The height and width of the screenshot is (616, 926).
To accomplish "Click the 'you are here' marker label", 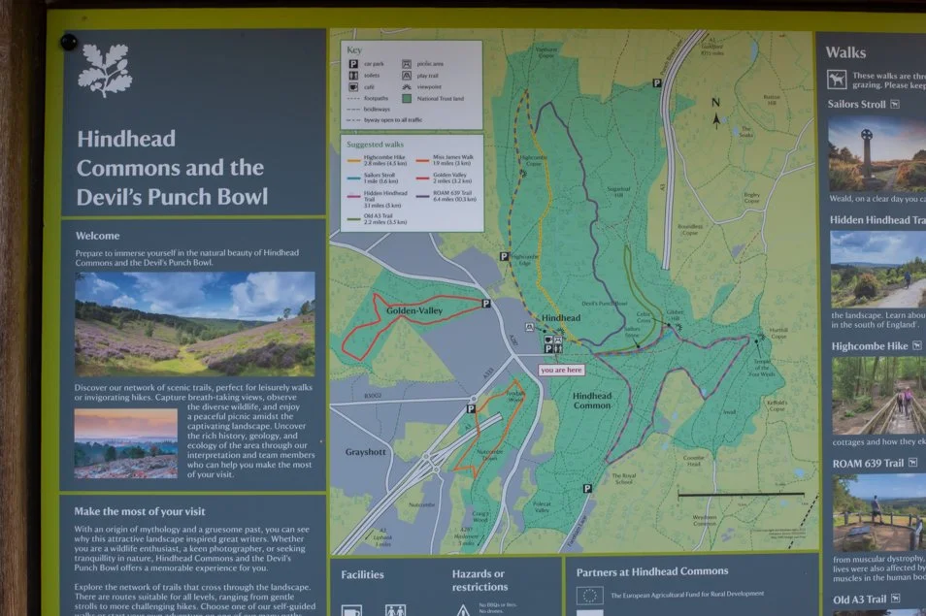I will coord(561,370).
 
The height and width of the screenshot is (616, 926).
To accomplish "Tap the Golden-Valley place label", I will coord(414,311).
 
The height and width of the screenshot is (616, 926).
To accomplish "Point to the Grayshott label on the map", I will coord(366,452).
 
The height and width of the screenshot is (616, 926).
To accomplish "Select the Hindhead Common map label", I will coord(592,401).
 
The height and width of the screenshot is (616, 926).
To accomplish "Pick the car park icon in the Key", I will coord(354,62).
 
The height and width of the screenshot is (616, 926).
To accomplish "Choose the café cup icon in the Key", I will coord(354,86).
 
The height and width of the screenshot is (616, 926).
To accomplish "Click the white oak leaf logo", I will coord(104,71).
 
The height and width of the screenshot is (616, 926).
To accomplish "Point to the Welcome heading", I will coord(97,236).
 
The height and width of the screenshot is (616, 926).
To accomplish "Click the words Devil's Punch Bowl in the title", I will coord(172,197).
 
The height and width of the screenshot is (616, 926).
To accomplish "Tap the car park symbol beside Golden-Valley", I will coord(485,304).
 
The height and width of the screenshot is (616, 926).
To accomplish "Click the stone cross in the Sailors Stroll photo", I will coord(866,150).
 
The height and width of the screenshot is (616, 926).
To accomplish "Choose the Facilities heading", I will coord(362,574).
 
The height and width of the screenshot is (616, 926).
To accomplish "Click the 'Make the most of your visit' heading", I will coord(152,511).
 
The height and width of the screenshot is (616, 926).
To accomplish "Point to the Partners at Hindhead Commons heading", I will coord(651,571).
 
